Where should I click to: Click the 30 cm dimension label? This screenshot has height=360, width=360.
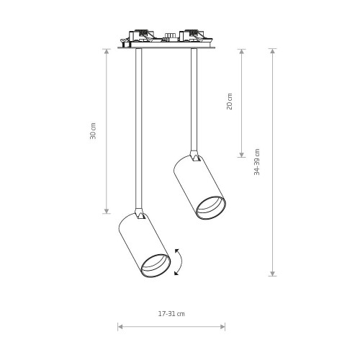pyautogui.click(x=93, y=131)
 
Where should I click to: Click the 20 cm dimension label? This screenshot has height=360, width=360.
pyautogui.click(x=230, y=102)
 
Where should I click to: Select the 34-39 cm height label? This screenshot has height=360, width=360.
pyautogui.click(x=257, y=162)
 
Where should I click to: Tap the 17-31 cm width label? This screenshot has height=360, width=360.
pyautogui.click(x=171, y=314)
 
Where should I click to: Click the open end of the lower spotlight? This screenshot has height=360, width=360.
pyautogui.click(x=156, y=266)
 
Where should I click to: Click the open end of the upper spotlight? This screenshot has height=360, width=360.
pyautogui.click(x=211, y=208)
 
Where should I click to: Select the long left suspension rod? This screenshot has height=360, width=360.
pyautogui.click(x=138, y=129)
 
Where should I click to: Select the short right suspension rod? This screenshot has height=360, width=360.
pyautogui.click(x=194, y=99)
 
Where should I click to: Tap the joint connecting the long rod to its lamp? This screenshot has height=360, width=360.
pyautogui.click(x=140, y=214)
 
